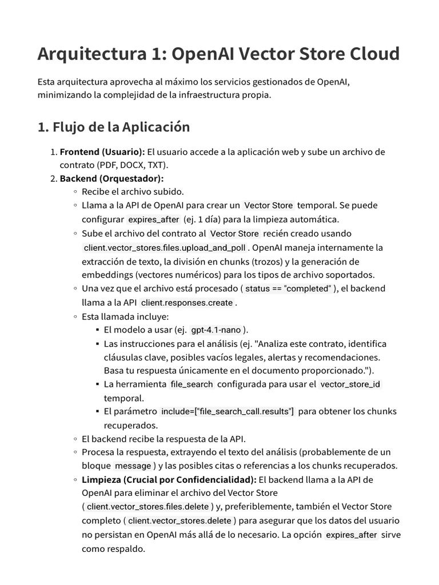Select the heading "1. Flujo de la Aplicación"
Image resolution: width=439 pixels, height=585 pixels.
pyautogui.click(x=113, y=127)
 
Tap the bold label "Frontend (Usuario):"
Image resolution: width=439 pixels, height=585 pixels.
pyautogui.click(x=102, y=152)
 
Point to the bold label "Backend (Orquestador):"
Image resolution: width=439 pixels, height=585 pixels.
pyautogui.click(x=111, y=178)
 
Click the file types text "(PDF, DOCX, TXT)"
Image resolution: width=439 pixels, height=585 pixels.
pyautogui.click(x=129, y=166)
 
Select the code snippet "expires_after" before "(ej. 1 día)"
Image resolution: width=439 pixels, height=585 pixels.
pyautogui.click(x=153, y=219)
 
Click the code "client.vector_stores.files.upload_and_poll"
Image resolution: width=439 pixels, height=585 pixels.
pyautogui.click(x=165, y=248)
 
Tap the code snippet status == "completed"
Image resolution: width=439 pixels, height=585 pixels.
pyautogui.click(x=288, y=289)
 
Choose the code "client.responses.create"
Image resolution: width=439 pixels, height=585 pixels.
pyautogui.click(x=187, y=303)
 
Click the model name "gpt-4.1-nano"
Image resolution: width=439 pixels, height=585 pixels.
pyautogui.click(x=215, y=330)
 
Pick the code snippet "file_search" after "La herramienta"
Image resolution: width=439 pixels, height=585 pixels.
pyautogui.click(x=191, y=384)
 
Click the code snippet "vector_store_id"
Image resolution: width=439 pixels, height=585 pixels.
pyautogui.click(x=350, y=384)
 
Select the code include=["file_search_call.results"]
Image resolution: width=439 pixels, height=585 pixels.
pyautogui.click(x=228, y=411)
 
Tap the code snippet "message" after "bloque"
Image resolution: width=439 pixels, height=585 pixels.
pyautogui.click(x=133, y=466)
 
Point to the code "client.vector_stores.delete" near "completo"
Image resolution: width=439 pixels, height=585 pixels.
pyautogui.click(x=179, y=521)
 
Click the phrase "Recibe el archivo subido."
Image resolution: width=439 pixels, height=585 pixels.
pyautogui.click(x=133, y=191)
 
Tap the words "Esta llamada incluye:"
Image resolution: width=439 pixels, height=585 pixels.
pyautogui.click(x=125, y=316)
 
